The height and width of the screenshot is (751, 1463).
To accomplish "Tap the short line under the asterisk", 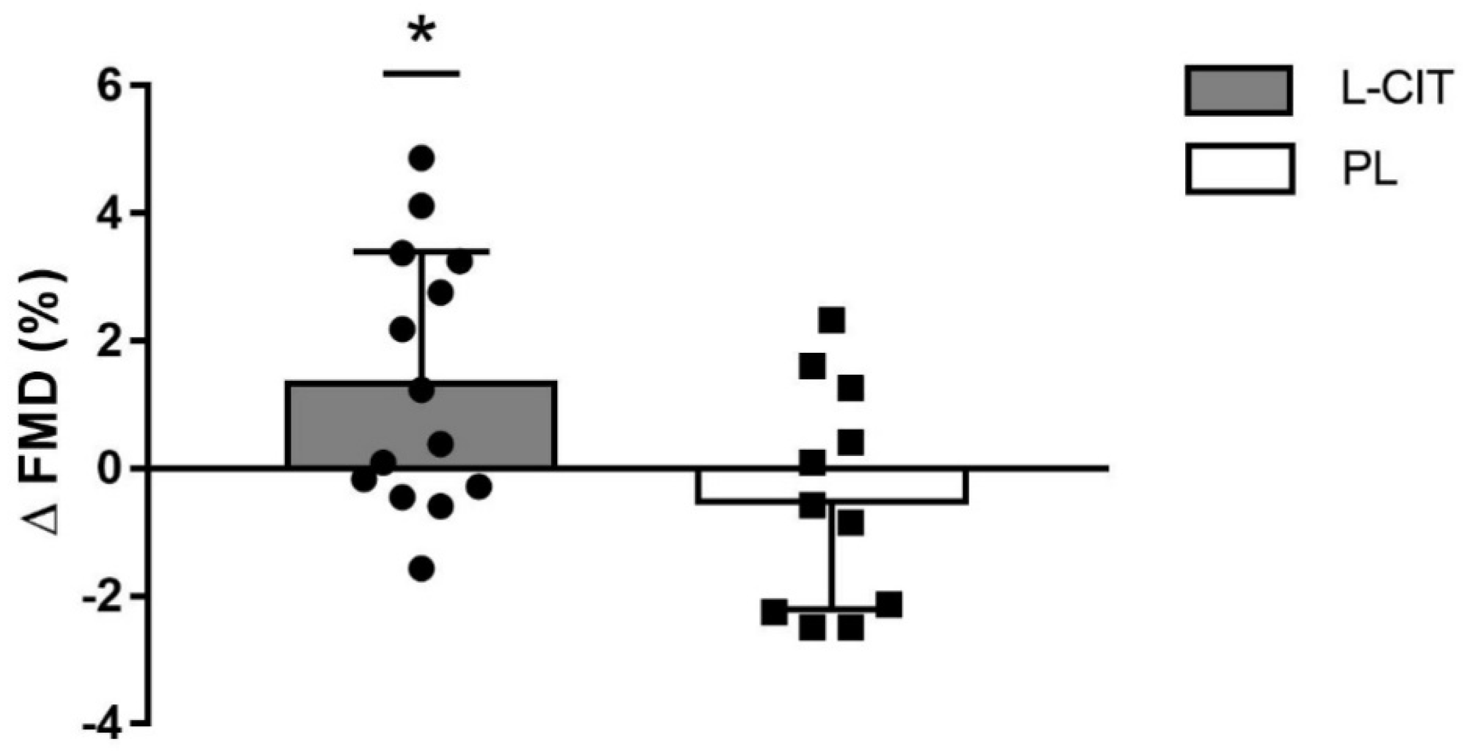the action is tap(421, 73).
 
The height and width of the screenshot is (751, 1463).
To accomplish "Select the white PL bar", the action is tap(744, 486).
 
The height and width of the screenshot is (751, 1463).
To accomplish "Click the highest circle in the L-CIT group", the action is tap(422, 157).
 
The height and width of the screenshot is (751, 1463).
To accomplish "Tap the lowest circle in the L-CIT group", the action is tap(422, 569).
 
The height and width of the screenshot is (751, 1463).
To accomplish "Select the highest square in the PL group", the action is tap(831, 320).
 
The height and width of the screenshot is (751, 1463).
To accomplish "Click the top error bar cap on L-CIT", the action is tap(421, 251).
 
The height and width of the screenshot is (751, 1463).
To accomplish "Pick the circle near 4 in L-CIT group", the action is tap(422, 205).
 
